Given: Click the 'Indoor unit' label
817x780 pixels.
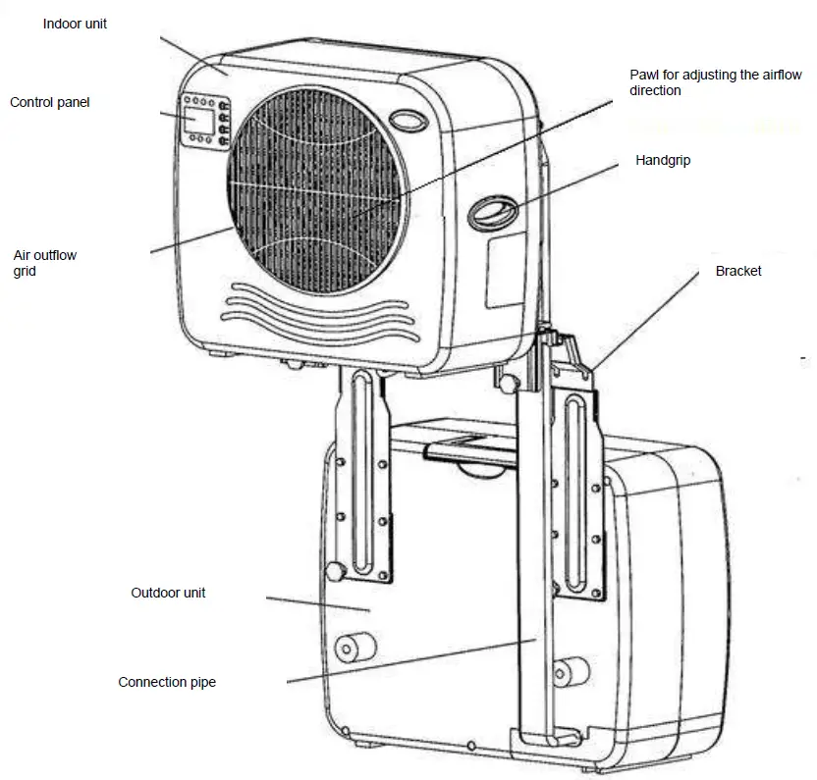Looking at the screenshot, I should (x=75, y=24).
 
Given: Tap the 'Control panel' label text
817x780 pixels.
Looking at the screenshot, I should (x=49, y=102).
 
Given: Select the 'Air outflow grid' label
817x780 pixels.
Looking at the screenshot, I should (x=44, y=263).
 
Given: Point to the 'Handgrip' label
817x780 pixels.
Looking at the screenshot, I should (x=663, y=160).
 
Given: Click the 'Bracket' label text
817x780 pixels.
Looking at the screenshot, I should (x=738, y=271).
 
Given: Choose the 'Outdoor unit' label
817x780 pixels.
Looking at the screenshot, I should (x=168, y=594).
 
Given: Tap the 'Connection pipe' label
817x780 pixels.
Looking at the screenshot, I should (x=167, y=682).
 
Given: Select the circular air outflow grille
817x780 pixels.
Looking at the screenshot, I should (x=319, y=191).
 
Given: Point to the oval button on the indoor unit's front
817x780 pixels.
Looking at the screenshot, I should (x=407, y=122).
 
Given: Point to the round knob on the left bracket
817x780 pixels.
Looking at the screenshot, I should (x=336, y=572).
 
